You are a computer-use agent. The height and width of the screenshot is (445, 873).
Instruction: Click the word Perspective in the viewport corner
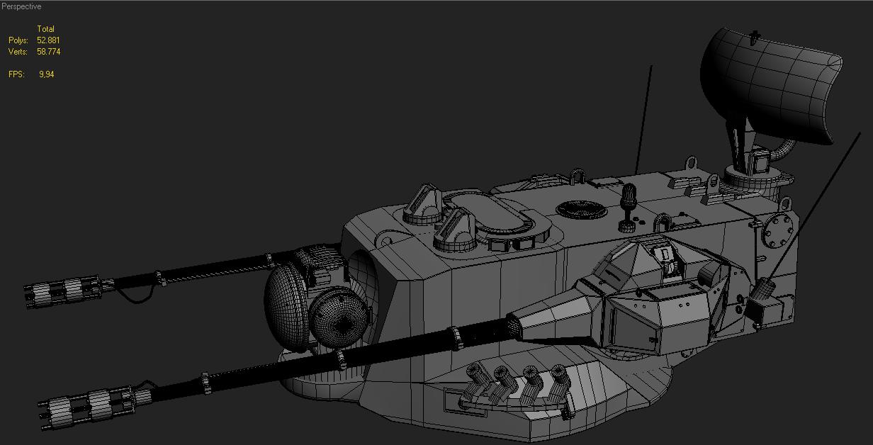point(21,6)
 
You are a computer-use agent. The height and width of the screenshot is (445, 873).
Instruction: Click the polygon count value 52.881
point(48,40)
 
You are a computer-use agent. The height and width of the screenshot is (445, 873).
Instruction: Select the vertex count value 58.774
point(49,52)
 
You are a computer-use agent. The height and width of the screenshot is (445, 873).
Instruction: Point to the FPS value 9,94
point(46,74)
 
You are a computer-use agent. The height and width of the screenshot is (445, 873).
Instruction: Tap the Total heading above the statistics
point(45,29)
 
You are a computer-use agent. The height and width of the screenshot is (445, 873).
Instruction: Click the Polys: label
point(18,40)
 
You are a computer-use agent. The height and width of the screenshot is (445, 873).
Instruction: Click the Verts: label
point(18,52)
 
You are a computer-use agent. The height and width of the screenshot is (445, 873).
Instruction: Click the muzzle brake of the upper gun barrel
point(64,291)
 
